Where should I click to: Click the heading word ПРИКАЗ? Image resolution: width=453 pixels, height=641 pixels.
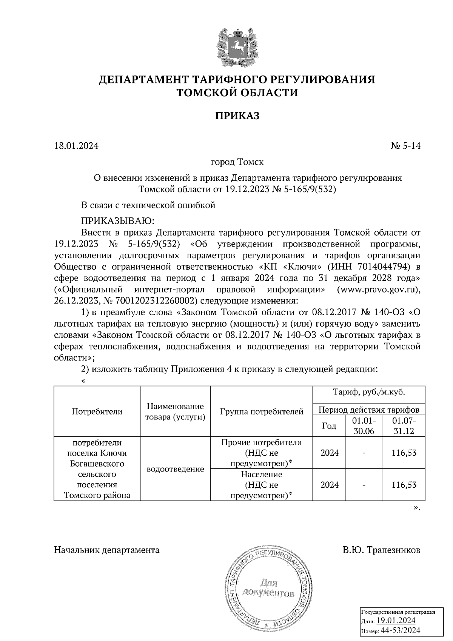237,116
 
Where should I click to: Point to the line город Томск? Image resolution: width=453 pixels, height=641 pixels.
237,162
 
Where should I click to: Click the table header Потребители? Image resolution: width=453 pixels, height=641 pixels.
97,411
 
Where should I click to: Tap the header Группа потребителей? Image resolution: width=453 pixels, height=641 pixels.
261,411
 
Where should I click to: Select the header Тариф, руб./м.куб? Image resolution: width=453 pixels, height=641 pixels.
369,392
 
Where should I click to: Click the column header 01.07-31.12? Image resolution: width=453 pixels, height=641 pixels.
404,426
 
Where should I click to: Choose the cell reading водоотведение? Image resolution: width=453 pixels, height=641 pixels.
175,469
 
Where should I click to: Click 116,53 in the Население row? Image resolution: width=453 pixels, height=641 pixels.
404,485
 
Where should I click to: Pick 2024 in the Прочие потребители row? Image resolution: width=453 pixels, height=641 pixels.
329,453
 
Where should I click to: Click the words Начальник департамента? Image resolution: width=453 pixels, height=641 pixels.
107,550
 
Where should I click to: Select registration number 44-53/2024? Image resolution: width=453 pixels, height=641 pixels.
401,630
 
